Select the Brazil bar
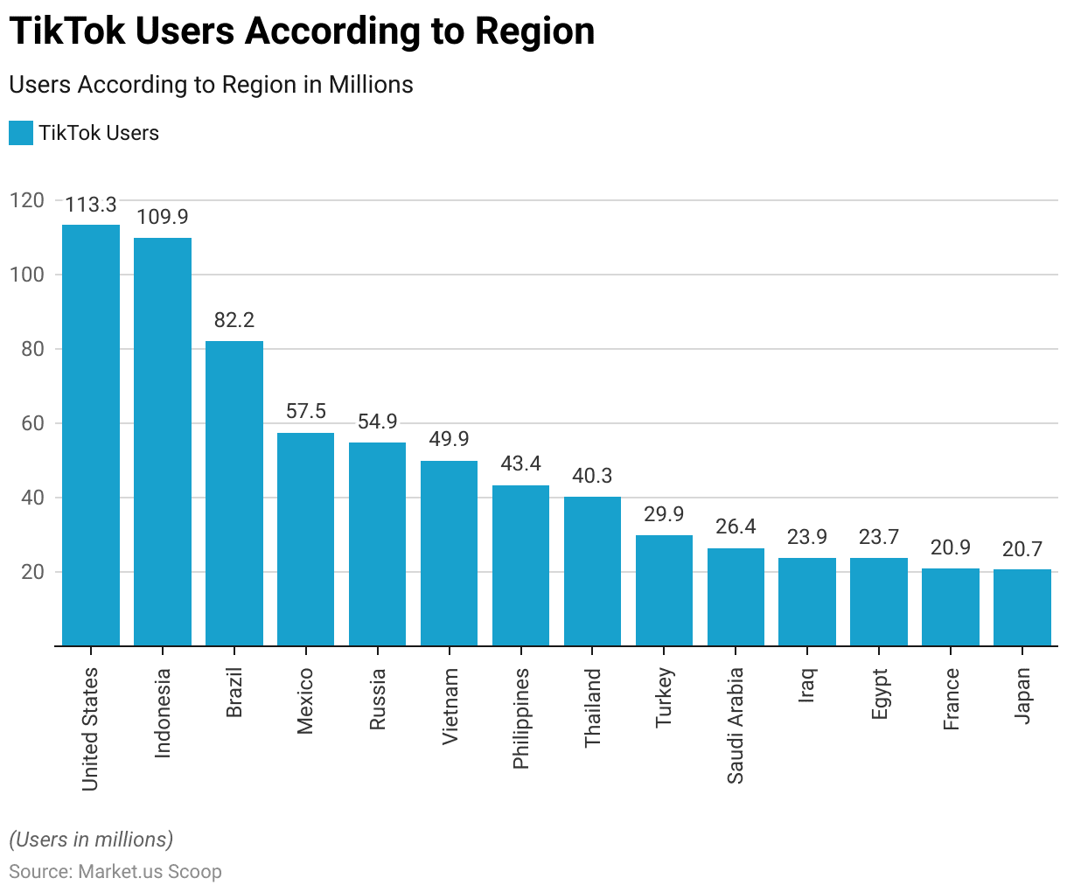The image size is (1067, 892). click(x=234, y=493)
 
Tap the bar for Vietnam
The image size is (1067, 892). click(x=449, y=553)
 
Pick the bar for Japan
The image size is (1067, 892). click(x=1022, y=607)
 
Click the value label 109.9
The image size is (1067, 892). click(x=163, y=217)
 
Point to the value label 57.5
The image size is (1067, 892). click(x=306, y=412)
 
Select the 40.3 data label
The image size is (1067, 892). click(x=592, y=476)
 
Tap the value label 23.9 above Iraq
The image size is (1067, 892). click(x=806, y=537)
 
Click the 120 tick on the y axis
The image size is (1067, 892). click(x=27, y=200)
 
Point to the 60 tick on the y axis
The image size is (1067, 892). click(x=27, y=423)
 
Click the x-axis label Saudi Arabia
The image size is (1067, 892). click(x=736, y=725)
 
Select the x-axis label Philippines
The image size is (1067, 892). click(x=521, y=718)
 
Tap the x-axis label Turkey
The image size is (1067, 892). click(x=664, y=697)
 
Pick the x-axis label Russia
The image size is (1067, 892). click(x=378, y=699)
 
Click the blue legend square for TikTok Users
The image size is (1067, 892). click(x=21, y=133)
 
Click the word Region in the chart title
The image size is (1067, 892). click(x=534, y=31)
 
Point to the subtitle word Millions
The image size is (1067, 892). click(x=371, y=85)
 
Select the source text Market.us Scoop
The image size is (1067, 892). click(x=150, y=871)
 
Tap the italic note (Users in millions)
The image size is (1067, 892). click(x=91, y=840)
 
